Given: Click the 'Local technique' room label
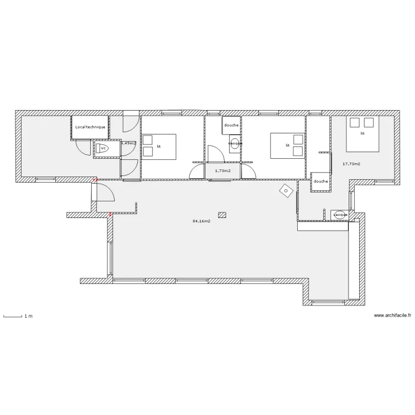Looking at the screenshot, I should [90, 127].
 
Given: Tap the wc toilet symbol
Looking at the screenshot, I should [103, 148].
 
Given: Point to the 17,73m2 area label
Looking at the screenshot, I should [351, 164].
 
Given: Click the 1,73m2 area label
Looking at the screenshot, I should [223, 171].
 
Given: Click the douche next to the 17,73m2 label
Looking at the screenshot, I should [320, 181].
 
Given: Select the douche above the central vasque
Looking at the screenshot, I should [231, 125].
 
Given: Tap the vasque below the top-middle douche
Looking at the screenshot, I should [235, 143].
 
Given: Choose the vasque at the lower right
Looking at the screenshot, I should [340, 214].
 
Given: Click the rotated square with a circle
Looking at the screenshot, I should [286, 191].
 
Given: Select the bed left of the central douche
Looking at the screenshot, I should [159, 146].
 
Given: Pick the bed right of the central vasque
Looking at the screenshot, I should [287, 146].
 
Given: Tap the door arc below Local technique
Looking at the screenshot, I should [83, 147].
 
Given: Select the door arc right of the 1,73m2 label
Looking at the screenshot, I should [249, 171].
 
